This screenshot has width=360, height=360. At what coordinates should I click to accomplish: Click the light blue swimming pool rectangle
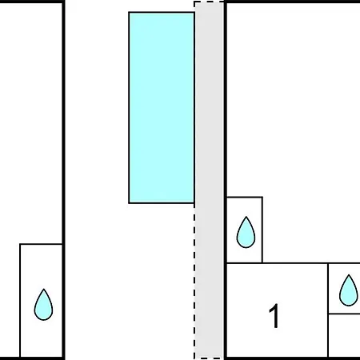click(162, 108)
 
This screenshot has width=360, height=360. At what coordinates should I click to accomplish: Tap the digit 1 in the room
click(274, 316)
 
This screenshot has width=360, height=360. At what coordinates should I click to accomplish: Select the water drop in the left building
click(43, 304)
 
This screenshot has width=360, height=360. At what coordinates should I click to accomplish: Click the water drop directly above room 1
click(246, 232)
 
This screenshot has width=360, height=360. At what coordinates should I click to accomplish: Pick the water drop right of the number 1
click(349, 290)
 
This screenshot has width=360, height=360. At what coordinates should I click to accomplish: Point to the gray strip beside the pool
click(209, 180)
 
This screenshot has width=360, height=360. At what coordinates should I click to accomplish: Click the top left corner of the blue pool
click(129, 12)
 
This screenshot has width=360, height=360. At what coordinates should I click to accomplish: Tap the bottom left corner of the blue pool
click(129, 203)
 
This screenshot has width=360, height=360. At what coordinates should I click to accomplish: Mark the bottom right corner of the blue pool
click(194, 203)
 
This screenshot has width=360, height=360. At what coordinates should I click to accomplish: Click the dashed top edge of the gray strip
click(209, 2)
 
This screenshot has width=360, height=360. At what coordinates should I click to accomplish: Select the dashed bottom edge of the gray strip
click(209, 358)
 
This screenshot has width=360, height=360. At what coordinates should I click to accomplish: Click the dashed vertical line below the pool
click(194, 282)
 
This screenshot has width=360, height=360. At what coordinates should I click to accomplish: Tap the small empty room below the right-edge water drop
click(344, 335)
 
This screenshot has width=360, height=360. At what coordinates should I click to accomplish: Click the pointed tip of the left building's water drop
click(44, 289)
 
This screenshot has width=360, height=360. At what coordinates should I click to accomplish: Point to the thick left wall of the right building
click(226, 180)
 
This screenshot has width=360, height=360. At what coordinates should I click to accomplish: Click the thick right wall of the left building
click(64, 180)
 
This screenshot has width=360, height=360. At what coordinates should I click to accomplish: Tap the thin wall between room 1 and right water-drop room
click(328, 310)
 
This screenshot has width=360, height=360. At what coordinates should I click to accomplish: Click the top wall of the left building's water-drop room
click(41, 244)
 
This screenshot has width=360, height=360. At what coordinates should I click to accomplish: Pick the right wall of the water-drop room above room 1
click(262, 230)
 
